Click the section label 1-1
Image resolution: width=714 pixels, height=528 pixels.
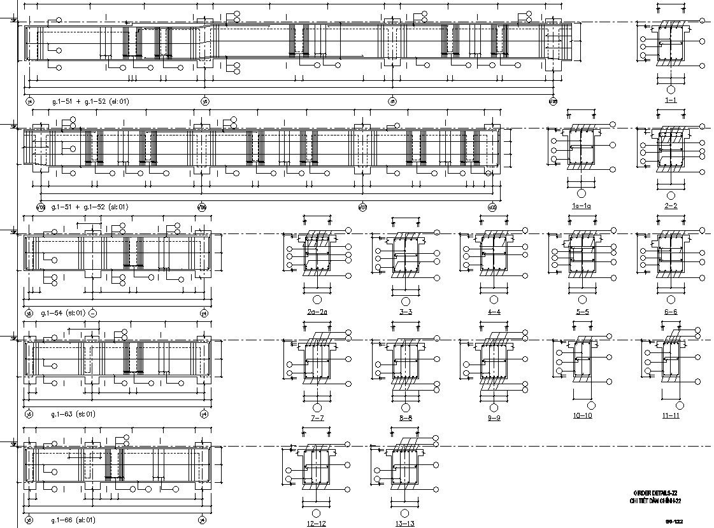[670, 101]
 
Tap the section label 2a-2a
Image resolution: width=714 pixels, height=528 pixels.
[317, 312]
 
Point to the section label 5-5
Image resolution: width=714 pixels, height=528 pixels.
[582, 312]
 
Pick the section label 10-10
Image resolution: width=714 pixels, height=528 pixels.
[583, 415]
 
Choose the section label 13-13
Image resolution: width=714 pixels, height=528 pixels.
[405, 524]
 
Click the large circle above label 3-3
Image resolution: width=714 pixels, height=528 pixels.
[405, 300]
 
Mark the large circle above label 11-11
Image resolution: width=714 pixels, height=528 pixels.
[671, 405]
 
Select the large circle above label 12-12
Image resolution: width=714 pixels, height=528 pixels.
[316, 513]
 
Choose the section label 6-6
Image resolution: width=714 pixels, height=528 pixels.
[670, 312]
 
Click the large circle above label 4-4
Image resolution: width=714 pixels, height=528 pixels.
[494, 300]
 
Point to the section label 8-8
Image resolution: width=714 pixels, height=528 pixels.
[405, 418]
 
